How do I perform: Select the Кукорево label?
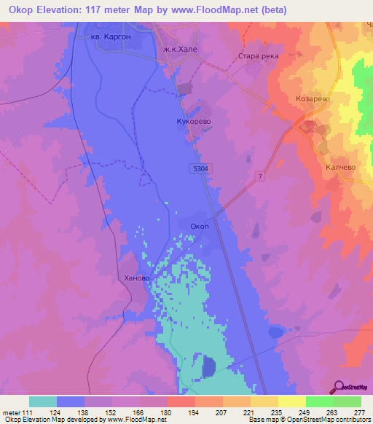192,122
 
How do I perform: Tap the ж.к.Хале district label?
178,49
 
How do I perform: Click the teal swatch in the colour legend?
43,401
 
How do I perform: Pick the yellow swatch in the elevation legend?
291,401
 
